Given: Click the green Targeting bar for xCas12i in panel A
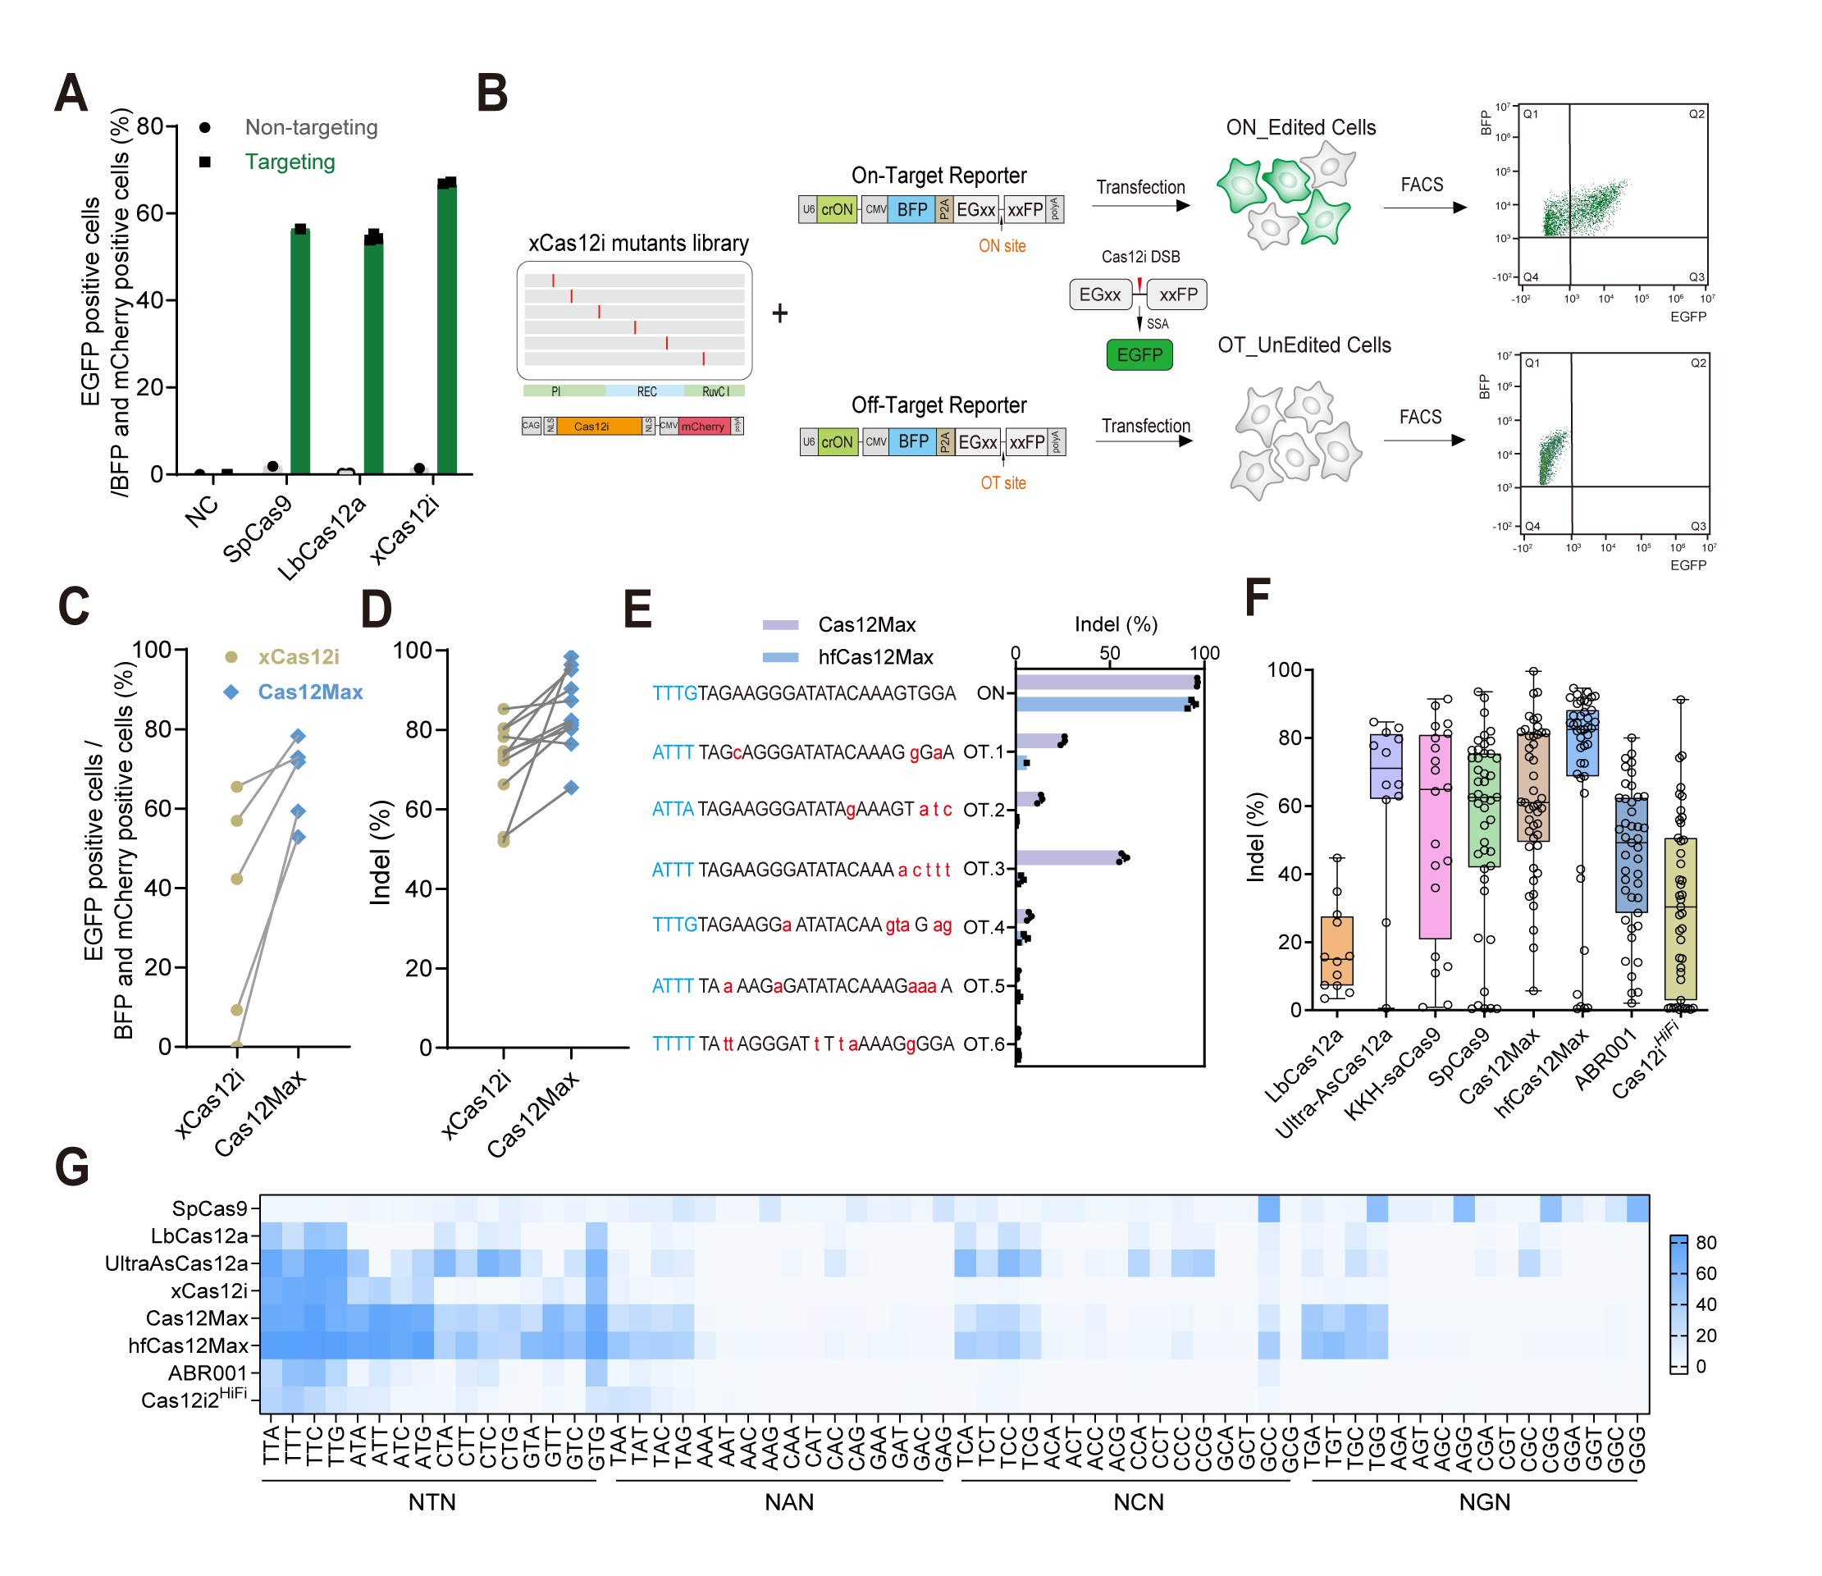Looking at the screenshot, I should click(447, 330).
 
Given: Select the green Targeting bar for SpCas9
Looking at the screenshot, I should click(300, 352).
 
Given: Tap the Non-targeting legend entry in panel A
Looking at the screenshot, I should click(310, 127).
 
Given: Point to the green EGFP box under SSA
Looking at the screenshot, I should click(1139, 355).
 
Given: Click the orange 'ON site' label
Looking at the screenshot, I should click(1002, 246).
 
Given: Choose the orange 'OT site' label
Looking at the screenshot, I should click(1002, 483).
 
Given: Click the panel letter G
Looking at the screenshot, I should click(72, 1168).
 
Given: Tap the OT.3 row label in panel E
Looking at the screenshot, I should click(983, 869).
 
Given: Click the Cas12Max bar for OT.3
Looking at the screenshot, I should click(1067, 857).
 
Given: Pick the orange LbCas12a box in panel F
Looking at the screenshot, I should click(1336, 950).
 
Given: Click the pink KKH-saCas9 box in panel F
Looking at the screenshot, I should click(1435, 835).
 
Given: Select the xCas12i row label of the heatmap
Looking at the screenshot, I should click(209, 1291).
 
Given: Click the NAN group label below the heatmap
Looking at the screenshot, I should click(789, 1502).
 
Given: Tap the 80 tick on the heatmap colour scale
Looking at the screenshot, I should click(1706, 1243).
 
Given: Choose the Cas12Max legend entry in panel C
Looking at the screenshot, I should click(309, 692).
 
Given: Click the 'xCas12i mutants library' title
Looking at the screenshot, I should click(638, 244).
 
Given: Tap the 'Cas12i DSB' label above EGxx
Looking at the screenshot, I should click(1140, 257).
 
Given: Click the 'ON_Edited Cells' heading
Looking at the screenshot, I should click(1300, 127).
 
